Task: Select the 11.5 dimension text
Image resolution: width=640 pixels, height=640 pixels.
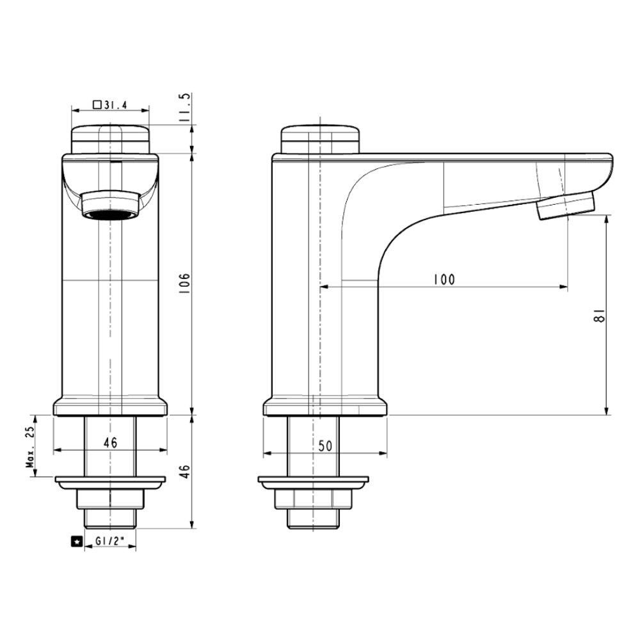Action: coord(186,108)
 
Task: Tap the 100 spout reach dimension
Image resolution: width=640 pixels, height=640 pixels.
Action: coord(443,280)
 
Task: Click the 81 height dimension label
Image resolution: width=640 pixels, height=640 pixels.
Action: coord(600,316)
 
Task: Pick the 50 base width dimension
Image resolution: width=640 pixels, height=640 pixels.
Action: coord(325,446)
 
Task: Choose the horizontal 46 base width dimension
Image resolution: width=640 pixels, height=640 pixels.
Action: coord(109,442)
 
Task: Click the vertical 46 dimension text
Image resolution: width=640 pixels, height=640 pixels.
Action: coord(184,472)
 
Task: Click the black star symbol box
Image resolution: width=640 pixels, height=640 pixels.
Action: coord(77,542)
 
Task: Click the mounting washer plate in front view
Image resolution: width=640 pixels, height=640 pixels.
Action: coord(110,482)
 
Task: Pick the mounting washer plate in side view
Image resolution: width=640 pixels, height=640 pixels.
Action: coord(314,482)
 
